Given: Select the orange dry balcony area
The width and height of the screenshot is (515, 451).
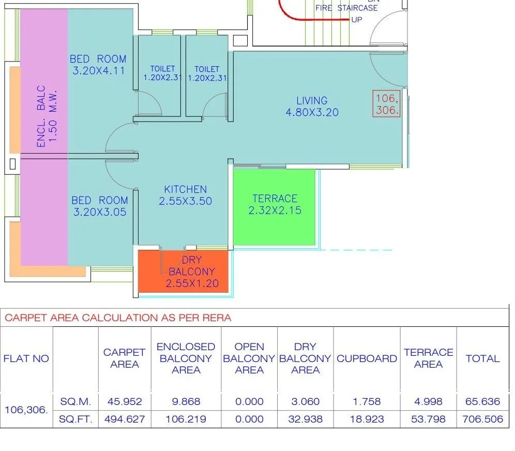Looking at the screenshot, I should pyautogui.click(x=184, y=272).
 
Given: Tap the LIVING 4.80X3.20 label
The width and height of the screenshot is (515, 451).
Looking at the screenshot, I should pyautogui.click(x=312, y=106).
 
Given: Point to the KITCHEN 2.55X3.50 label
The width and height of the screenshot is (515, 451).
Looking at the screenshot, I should pyautogui.click(x=185, y=195).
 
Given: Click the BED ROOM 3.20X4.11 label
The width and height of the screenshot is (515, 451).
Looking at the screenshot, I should pyautogui.click(x=98, y=65).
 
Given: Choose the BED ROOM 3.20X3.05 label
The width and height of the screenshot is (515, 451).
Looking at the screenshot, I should pyautogui.click(x=99, y=205).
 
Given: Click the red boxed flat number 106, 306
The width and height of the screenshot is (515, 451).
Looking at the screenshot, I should pyautogui.click(x=387, y=104).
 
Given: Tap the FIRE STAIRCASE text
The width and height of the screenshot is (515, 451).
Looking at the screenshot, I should pyautogui.click(x=346, y=8).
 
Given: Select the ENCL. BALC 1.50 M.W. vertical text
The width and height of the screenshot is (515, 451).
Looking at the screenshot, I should pyautogui.click(x=47, y=116).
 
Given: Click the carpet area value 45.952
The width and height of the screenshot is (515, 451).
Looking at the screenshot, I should pyautogui.click(x=124, y=401).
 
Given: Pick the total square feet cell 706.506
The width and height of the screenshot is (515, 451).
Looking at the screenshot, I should pyautogui.click(x=482, y=419).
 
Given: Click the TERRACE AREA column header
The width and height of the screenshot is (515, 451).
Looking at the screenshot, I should pyautogui.click(x=428, y=358).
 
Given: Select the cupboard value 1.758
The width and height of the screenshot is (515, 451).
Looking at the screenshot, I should pyautogui.click(x=367, y=401).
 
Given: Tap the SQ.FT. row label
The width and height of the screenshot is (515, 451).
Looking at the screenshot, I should pyautogui.click(x=75, y=419).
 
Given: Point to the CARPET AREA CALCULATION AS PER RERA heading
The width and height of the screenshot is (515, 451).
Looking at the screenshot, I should pyautogui.click(x=118, y=318).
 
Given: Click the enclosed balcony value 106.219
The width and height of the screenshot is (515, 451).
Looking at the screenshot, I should pyautogui.click(x=186, y=419).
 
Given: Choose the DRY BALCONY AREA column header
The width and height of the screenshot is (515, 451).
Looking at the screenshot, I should pyautogui.click(x=305, y=358).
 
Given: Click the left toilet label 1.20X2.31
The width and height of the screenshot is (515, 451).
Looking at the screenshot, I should pyautogui.click(x=162, y=73).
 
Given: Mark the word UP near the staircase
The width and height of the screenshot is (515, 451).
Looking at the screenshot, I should pyautogui.click(x=357, y=20).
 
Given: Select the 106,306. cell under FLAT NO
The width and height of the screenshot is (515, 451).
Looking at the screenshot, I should pyautogui.click(x=26, y=410).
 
